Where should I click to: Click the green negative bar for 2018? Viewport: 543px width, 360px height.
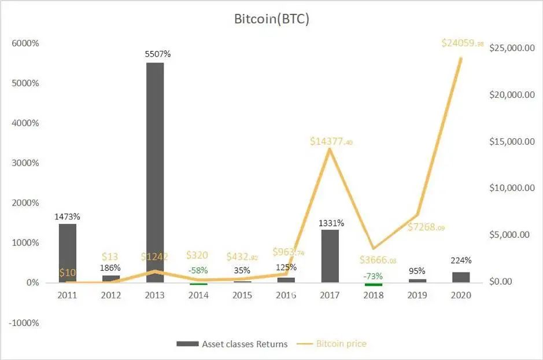pos(373,284)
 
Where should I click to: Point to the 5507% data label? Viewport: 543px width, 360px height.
pos(158,54)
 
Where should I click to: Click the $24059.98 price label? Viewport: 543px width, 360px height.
pos(462,43)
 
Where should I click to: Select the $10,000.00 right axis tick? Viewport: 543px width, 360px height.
pos(512,188)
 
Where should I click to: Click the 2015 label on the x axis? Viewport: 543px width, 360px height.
pos(242,295)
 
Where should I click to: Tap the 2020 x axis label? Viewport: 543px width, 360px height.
pos(461,295)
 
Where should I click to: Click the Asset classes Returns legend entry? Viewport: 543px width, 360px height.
pos(232,344)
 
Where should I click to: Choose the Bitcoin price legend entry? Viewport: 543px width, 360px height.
pos(334,344)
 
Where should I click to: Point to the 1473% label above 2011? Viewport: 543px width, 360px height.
pos(68,216)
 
